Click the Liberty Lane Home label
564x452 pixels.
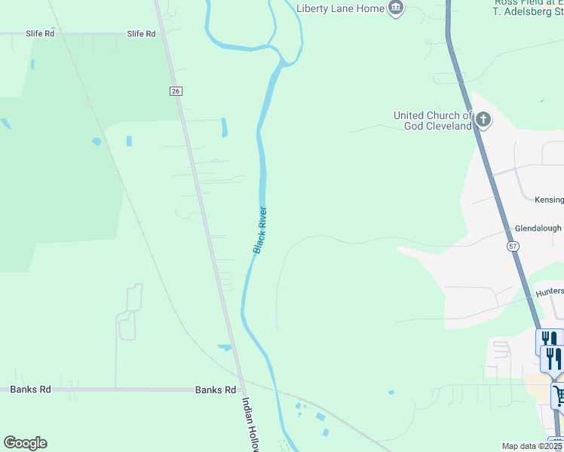coord(339,8)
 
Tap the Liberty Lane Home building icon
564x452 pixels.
coord(395,8)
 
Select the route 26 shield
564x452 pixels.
coord(176,90)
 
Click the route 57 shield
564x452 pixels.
coord(513,246)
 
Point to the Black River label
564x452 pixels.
coord(260,230)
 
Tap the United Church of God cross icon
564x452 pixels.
coord(483,120)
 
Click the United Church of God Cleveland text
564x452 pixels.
coord(432,121)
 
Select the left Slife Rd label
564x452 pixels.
coord(39,34)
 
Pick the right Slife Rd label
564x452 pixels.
coord(141,34)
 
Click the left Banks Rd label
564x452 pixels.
coord(30,389)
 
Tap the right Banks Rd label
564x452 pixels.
coord(216,389)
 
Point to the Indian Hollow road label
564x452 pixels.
coord(250,425)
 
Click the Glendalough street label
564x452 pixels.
coord(538,228)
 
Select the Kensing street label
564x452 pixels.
coord(549,200)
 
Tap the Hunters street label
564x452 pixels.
coord(549,292)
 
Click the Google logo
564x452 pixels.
coord(25,443)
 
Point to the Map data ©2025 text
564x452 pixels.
coord(532,446)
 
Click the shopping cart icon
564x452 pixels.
coord(559,395)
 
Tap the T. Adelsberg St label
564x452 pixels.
coord(528,12)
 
